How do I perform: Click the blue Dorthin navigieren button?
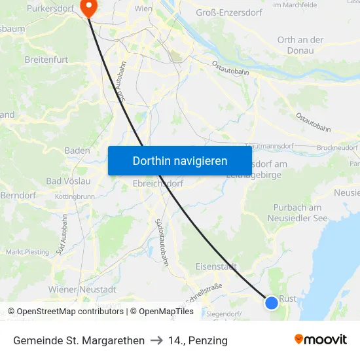(179, 160)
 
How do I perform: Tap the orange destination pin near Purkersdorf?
(88, 7)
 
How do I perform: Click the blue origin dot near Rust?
(272, 302)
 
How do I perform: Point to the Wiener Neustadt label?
(82, 289)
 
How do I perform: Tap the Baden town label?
(77, 151)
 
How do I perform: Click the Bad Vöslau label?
(68, 181)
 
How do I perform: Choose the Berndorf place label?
(18, 195)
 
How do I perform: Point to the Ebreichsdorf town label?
(158, 184)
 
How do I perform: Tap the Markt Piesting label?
(27, 252)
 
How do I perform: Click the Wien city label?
(143, 10)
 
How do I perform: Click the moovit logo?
(320, 340)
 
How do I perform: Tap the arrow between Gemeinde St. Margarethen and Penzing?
(156, 340)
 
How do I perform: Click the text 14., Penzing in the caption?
(198, 340)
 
